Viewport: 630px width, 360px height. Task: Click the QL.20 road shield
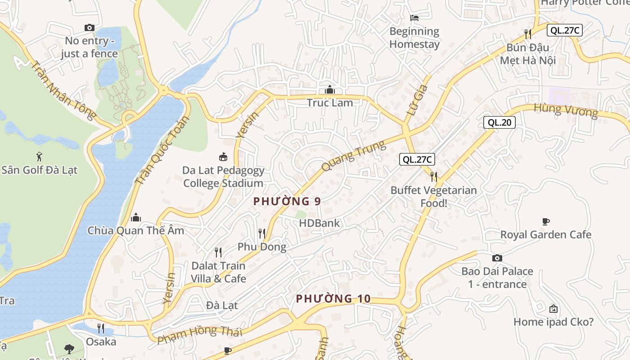[499, 122]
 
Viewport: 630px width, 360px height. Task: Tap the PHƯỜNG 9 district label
[287, 201]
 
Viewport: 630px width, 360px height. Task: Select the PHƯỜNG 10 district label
[333, 298]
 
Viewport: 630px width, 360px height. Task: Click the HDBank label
[319, 223]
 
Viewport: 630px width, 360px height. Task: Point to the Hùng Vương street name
[566, 110]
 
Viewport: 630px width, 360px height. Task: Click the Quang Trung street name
[354, 156]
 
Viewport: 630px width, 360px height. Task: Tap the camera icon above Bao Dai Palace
[497, 258]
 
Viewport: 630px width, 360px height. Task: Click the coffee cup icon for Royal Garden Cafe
[545, 221]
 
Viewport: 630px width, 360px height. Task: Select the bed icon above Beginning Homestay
[414, 18]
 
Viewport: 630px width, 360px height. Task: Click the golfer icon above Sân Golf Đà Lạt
[39, 157]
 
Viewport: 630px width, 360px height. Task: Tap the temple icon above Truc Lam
[330, 90]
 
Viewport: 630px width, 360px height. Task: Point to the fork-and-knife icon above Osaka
[101, 328]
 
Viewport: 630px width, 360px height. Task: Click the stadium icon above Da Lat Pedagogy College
[223, 157]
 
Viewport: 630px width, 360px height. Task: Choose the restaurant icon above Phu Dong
[261, 233]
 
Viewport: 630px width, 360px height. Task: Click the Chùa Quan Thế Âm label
[135, 230]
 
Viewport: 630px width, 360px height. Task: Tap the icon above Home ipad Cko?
[553, 309]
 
